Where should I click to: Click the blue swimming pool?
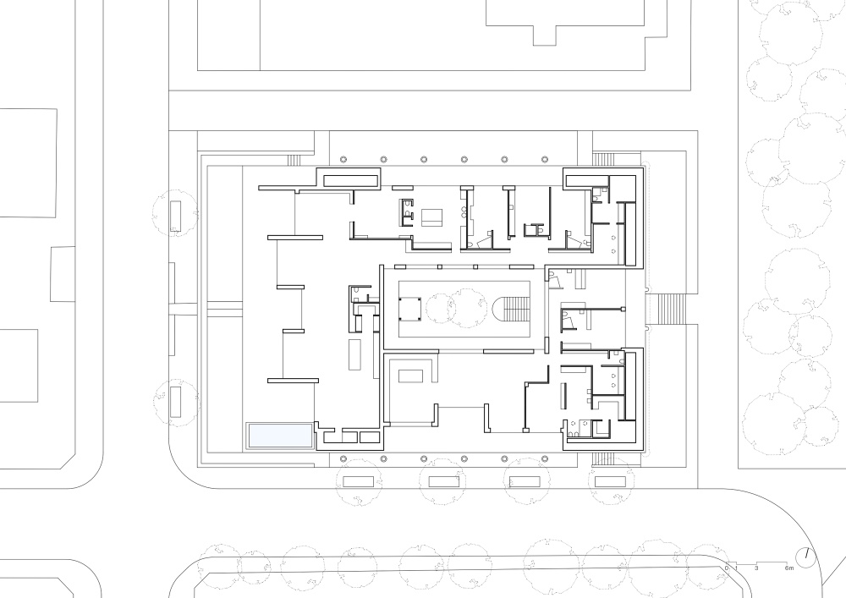(279, 435)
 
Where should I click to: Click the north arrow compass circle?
(806, 558)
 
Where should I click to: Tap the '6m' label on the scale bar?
(789, 568)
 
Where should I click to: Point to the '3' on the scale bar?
(756, 568)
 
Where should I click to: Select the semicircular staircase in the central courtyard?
(512, 310)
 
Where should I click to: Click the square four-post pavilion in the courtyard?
(409, 309)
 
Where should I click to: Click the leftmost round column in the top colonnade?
(343, 160)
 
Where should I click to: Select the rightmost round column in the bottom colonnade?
(545, 459)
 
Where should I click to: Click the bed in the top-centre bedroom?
(431, 217)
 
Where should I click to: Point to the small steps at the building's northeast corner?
(604, 160)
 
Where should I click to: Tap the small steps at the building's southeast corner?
(604, 459)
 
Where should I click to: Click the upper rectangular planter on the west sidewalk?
(175, 217)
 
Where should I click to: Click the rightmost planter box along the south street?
(610, 481)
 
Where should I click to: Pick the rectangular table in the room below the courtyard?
(412, 376)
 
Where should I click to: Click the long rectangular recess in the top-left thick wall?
(350, 179)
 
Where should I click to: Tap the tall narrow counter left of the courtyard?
(354, 354)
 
